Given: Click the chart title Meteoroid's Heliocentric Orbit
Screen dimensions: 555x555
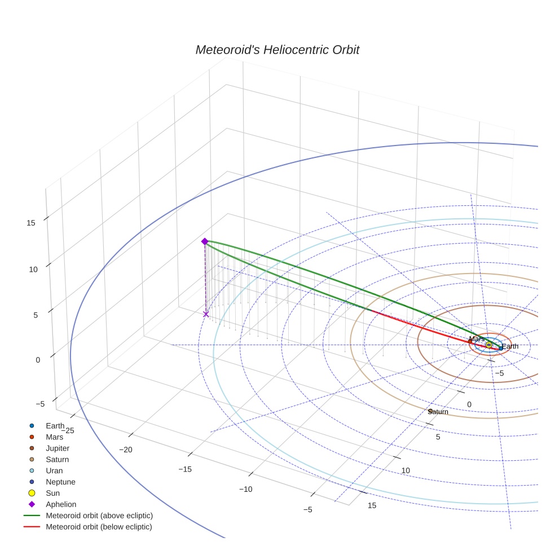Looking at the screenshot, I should click(x=277, y=50).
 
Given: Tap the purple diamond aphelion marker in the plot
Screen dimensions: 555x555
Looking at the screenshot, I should click(x=205, y=241).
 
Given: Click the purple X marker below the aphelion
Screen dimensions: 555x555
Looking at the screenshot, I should click(x=206, y=314).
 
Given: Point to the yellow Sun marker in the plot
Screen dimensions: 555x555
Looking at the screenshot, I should click(x=488, y=345).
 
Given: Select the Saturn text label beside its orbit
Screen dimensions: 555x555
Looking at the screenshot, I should click(x=438, y=412).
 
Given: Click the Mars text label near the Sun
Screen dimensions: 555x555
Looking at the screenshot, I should click(x=476, y=339).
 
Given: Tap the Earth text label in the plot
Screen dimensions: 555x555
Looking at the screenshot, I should click(x=510, y=346).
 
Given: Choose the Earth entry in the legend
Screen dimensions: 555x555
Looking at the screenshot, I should click(x=55, y=426).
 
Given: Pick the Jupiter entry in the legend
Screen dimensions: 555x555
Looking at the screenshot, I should click(x=58, y=448).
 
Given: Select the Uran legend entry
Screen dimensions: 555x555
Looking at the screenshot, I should click(x=54, y=471).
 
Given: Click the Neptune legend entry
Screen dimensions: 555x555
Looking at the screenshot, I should click(x=60, y=482).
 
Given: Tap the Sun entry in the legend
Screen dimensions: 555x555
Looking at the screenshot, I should click(x=52, y=494).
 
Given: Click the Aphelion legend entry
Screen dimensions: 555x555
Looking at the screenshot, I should click(x=61, y=505).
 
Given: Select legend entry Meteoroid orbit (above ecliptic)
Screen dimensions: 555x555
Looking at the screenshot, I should click(x=99, y=516).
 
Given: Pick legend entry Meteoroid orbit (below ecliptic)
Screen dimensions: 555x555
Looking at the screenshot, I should click(x=99, y=527).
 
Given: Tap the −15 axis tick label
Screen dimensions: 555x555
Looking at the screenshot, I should click(x=185, y=469).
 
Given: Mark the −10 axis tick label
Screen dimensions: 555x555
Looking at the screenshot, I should click(x=245, y=489).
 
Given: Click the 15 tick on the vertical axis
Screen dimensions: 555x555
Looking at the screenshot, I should click(x=30, y=223).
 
